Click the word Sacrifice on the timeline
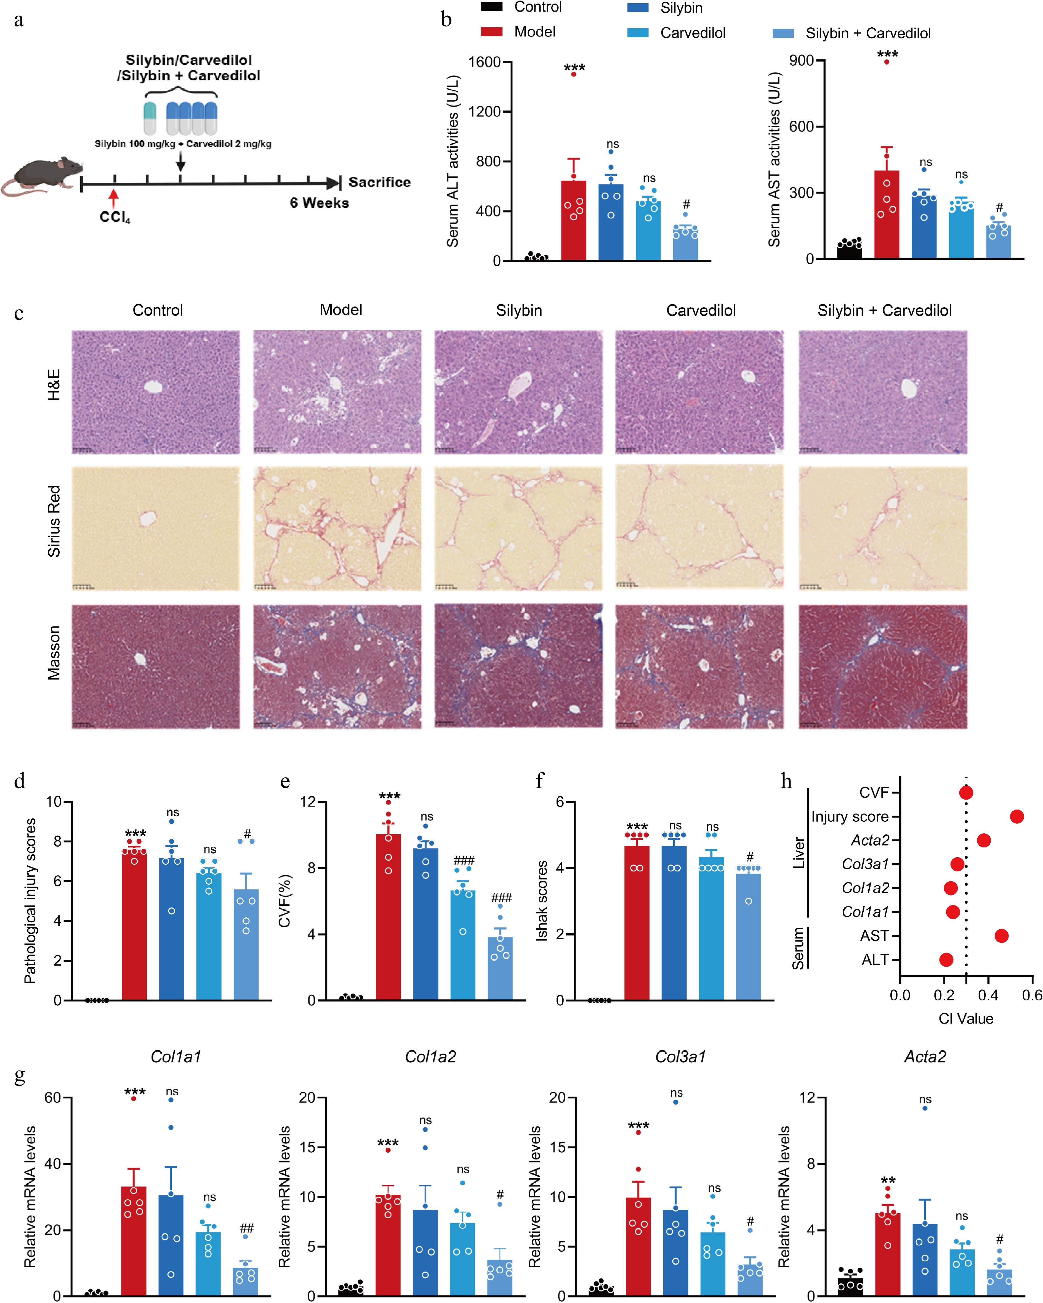pos(379,182)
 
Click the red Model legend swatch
pos(492,31)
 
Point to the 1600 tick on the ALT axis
pos(485,62)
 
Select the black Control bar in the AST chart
pos(849,251)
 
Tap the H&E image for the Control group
pos(156,392)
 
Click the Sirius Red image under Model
pos(337,528)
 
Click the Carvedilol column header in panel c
pos(701,311)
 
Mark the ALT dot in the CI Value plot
pos(946,960)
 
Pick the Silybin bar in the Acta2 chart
pos(925,1260)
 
